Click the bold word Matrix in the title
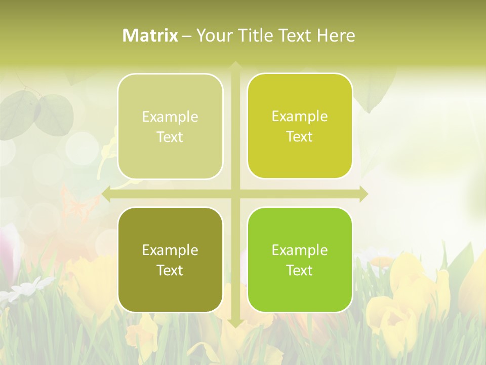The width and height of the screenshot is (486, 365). click(150, 35)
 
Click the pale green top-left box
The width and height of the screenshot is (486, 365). click(170, 127)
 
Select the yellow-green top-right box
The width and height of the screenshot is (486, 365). click(300, 126)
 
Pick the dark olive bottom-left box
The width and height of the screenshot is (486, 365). click(170, 260)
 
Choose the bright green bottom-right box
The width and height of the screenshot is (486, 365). click(300, 260)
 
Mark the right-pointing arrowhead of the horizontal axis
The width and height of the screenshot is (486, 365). click(363, 194)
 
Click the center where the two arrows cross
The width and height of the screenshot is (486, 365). click(235, 194)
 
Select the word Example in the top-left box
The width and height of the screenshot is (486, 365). click(170, 117)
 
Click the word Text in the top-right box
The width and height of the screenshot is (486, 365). click(300, 137)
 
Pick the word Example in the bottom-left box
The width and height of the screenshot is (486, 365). click(170, 250)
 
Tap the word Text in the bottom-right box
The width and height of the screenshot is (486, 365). click(300, 271)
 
